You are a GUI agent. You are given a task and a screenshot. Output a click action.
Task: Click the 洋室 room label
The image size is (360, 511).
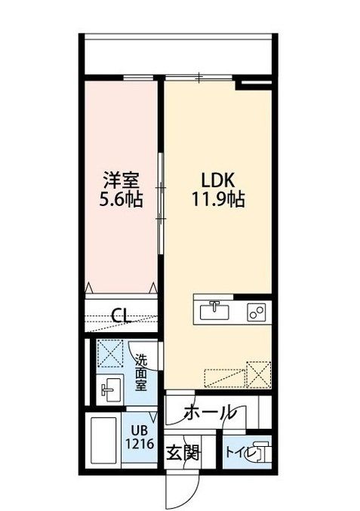click(x=122, y=181)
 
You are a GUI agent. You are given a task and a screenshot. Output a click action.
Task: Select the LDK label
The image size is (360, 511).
click(x=218, y=181)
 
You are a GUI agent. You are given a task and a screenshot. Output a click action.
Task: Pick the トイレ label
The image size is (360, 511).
click(x=238, y=453)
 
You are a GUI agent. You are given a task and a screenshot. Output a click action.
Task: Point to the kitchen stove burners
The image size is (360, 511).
click(x=254, y=310)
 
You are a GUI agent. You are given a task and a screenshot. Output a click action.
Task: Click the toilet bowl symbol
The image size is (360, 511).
click(x=258, y=453)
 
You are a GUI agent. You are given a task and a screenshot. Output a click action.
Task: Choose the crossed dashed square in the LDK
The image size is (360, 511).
click(x=259, y=373)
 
